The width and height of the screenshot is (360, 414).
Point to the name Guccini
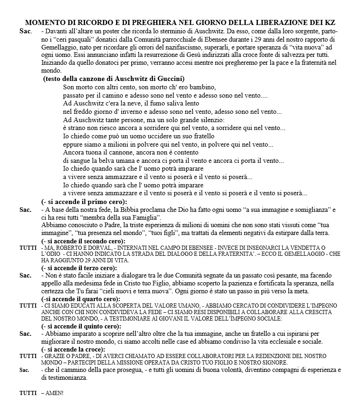(170, 79)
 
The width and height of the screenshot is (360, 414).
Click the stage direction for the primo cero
(84, 202)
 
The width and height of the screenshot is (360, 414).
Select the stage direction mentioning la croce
(74, 349)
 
